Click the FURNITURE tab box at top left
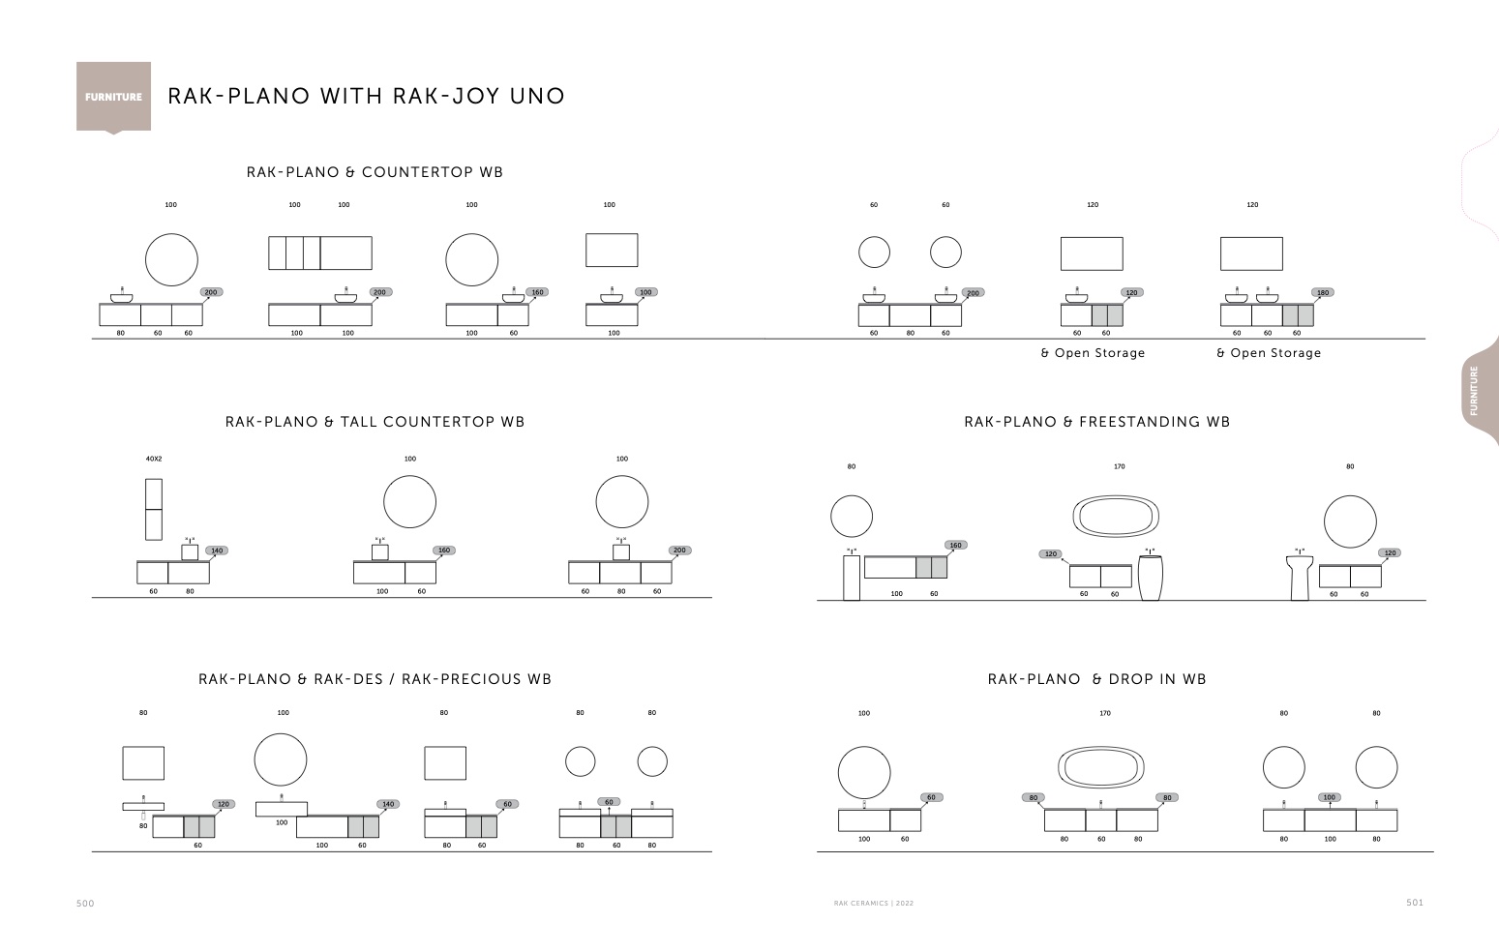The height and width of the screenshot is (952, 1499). (x=113, y=97)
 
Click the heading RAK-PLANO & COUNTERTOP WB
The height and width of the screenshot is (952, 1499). (x=375, y=172)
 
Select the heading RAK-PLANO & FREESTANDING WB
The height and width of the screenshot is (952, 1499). (x=1096, y=422)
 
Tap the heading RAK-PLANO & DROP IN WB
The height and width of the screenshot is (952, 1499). (x=1096, y=680)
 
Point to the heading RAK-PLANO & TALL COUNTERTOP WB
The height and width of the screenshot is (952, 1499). (x=375, y=422)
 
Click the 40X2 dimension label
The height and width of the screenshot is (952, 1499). (x=154, y=459)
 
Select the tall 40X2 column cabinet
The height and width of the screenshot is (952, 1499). (x=154, y=509)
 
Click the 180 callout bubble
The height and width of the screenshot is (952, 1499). (x=1323, y=292)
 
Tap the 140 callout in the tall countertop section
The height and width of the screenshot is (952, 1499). (x=217, y=550)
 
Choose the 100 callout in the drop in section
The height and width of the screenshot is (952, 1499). (x=1329, y=797)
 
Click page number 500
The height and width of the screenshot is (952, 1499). (x=85, y=904)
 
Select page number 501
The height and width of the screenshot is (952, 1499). (x=1415, y=903)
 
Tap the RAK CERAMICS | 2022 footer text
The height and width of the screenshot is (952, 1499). (x=873, y=904)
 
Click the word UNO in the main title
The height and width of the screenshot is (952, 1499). (x=537, y=97)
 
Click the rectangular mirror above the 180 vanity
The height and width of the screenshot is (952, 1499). (x=1251, y=253)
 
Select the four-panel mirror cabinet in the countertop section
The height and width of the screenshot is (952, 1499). (x=320, y=253)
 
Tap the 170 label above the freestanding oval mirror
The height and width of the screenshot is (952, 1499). (x=1119, y=467)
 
